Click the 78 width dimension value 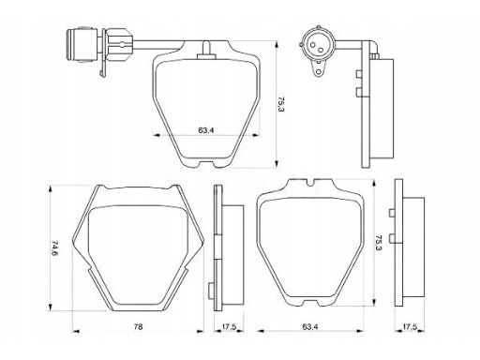138,327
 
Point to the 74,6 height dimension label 54,248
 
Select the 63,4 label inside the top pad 206,130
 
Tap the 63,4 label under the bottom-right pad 310,327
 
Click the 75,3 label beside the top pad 281,104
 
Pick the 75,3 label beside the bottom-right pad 379,244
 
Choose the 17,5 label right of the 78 229,327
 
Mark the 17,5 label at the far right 410,327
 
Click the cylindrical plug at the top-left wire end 82,45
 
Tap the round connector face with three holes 318,46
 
